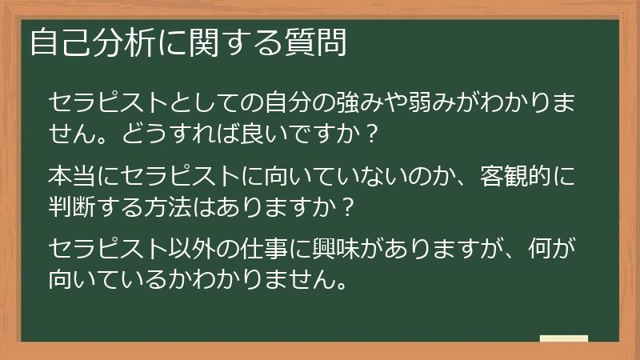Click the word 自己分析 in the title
pos(82,43)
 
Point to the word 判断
pos(70,203)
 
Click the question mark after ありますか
pos(345,203)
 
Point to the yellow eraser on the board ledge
pos(564,339)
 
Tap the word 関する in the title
pos(227,43)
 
